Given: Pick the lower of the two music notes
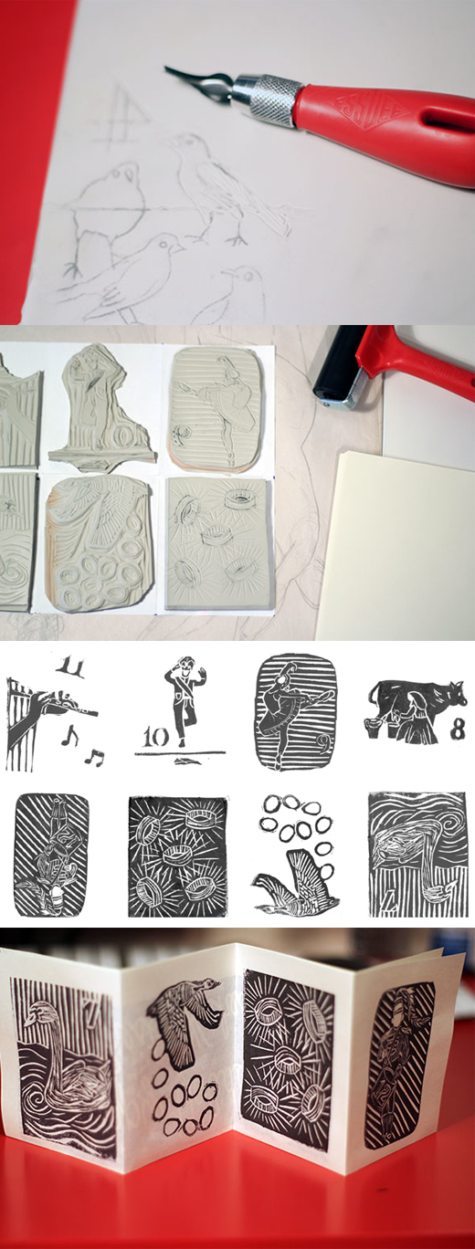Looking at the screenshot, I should tap(95, 755).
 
